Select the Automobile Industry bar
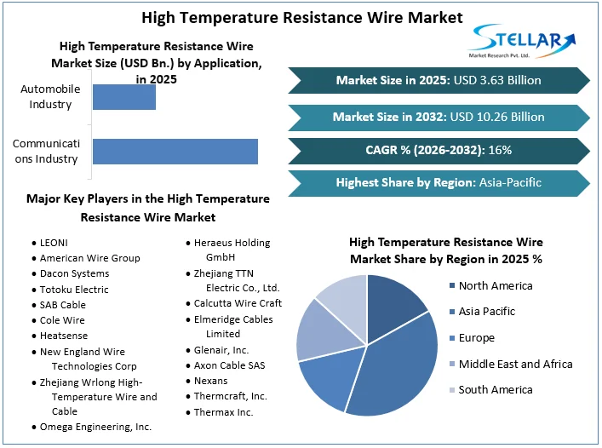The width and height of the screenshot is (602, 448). pyautogui.click(x=123, y=97)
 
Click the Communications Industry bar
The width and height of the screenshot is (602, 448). pyautogui.click(x=175, y=151)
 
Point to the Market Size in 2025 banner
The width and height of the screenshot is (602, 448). pyautogui.click(x=439, y=80)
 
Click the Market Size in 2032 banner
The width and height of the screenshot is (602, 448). pyautogui.click(x=439, y=117)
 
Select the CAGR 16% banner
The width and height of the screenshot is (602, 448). pyautogui.click(x=439, y=150)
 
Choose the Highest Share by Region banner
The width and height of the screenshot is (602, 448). pyautogui.click(x=439, y=182)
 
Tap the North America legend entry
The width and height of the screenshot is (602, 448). pyautogui.click(x=495, y=286)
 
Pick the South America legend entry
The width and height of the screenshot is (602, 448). pyautogui.click(x=495, y=390)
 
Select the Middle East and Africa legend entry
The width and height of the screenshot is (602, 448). pyautogui.click(x=514, y=364)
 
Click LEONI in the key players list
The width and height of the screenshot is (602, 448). pyautogui.click(x=54, y=243)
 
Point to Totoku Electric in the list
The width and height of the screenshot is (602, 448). pyautogui.click(x=74, y=290)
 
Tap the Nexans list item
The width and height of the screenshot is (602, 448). pyautogui.click(x=210, y=381)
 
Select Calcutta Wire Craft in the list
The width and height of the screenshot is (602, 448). pyautogui.click(x=238, y=303)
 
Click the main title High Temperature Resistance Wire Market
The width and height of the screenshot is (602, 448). pyautogui.click(x=301, y=17)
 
